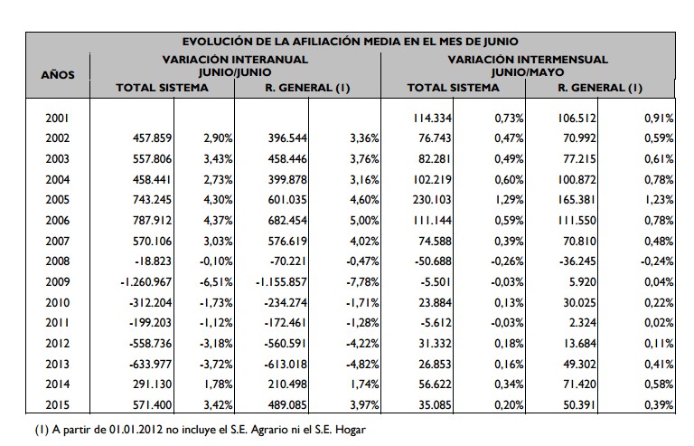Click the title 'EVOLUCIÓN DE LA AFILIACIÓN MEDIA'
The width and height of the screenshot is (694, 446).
point(350,41)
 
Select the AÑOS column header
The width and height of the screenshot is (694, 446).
point(58,73)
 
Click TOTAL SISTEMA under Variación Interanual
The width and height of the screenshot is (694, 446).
point(163,88)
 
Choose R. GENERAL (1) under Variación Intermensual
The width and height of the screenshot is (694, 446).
point(600,88)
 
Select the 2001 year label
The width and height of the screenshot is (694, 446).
point(58,118)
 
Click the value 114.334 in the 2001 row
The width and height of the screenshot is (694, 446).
point(432,118)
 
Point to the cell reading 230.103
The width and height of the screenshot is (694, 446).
point(432,199)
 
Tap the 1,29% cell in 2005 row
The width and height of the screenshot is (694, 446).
point(509,199)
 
